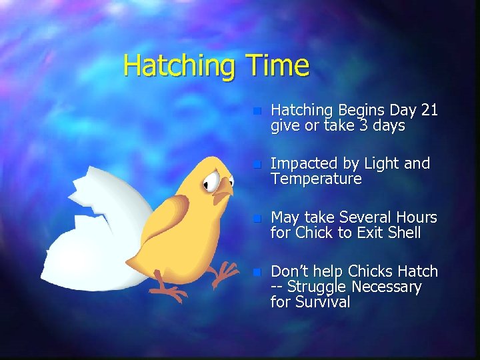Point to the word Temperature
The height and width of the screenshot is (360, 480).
pyautogui.click(x=315, y=179)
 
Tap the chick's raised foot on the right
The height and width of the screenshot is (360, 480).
pyautogui.click(x=226, y=270)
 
